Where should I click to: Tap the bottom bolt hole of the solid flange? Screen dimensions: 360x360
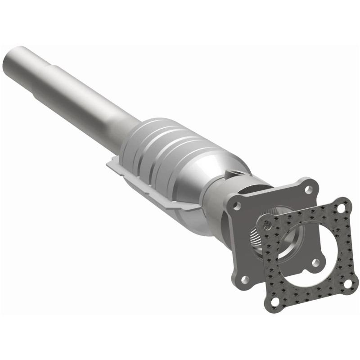(245, 279)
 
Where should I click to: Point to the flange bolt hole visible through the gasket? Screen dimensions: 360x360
(315, 262)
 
